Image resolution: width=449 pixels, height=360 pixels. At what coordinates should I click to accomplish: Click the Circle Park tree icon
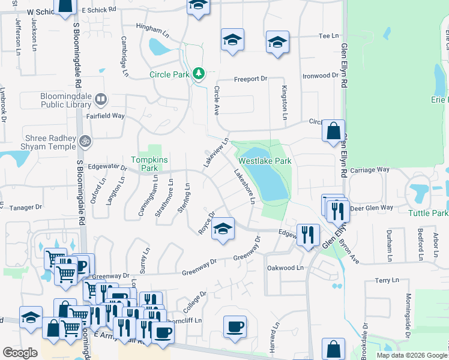[199, 74]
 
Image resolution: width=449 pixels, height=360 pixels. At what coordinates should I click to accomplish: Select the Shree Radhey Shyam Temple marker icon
[85, 140]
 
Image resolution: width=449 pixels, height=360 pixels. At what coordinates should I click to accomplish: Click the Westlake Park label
[265, 161]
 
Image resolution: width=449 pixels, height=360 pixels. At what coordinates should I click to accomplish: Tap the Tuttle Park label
[428, 214]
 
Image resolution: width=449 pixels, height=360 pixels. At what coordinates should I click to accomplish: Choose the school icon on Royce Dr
[223, 229]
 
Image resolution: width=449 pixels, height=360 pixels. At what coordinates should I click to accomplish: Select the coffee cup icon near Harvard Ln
[235, 327]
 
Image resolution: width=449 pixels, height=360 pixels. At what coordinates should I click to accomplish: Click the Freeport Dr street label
[250, 79]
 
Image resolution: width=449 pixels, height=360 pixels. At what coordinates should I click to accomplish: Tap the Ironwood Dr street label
[320, 76]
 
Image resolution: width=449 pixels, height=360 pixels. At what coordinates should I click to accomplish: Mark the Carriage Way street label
[370, 170]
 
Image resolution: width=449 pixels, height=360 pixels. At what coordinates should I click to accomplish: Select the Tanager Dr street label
[26, 207]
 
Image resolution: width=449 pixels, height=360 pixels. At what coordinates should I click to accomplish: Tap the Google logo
[20, 353]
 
